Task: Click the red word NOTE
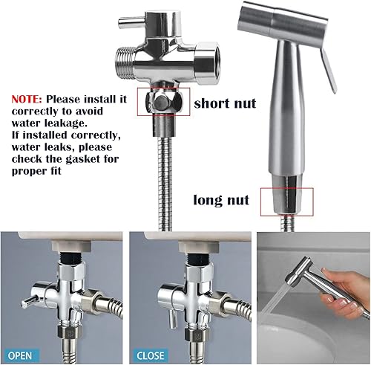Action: [x=27, y=99]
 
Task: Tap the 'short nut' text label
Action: [x=225, y=103]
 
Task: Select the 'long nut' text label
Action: [x=221, y=200]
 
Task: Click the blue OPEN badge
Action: [x=20, y=355]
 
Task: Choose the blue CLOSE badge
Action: [x=150, y=355]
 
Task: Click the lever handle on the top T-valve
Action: [x=131, y=22]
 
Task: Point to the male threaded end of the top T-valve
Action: [x=125, y=62]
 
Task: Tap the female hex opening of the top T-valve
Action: [x=207, y=63]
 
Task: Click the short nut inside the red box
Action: [x=164, y=102]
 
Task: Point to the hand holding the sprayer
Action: [x=345, y=292]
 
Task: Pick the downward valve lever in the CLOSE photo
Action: [x=173, y=318]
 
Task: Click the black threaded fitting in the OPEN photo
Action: [x=70, y=258]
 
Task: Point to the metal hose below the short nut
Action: [x=165, y=184]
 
